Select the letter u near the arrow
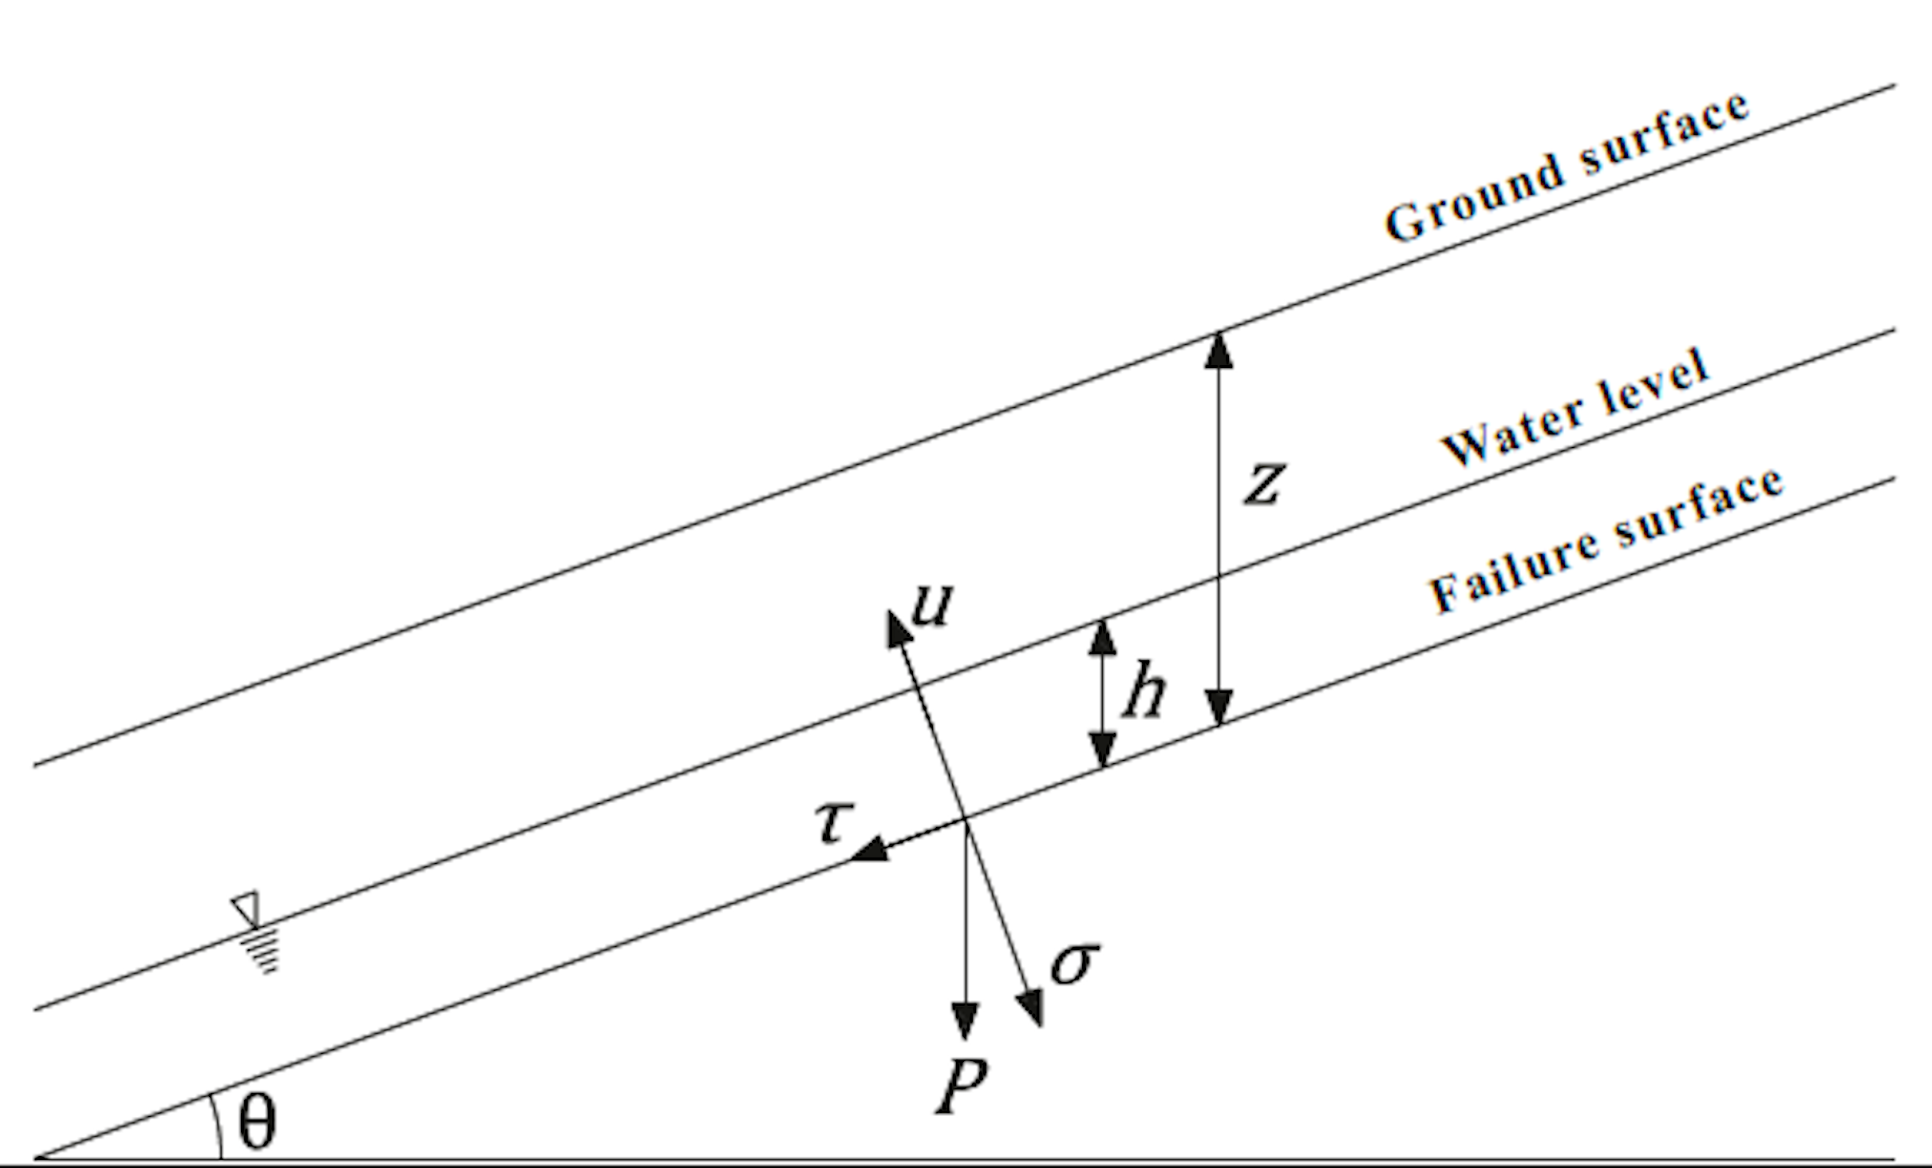pyautogui.click(x=932, y=604)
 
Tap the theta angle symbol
pyautogui.click(x=257, y=1121)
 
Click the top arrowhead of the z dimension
pyautogui.click(x=1218, y=351)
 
